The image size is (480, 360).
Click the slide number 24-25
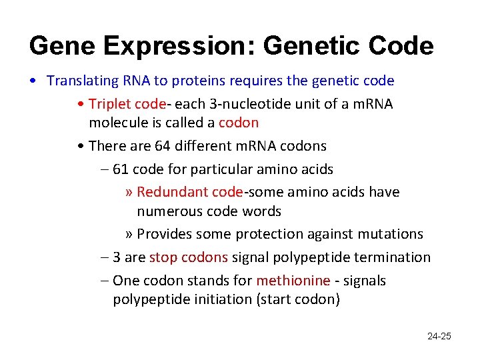pyautogui.click(x=439, y=336)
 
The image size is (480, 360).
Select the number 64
pyautogui.click(x=162, y=145)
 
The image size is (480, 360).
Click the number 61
pyautogui.click(x=121, y=169)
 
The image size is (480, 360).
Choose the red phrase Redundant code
pyautogui.click(x=189, y=192)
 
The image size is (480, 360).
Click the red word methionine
pyautogui.click(x=293, y=281)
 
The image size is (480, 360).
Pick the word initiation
pyautogui.click(x=221, y=299)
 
